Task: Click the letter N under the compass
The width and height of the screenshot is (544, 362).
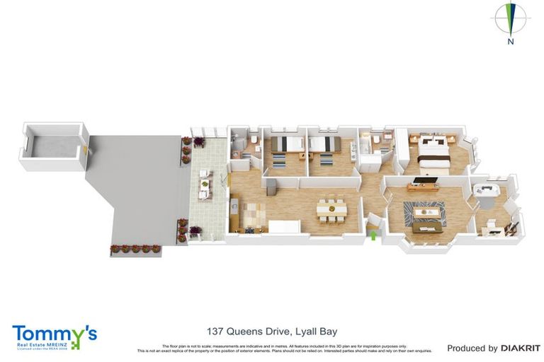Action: click(510, 41)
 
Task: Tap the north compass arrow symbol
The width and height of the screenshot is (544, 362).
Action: click(510, 18)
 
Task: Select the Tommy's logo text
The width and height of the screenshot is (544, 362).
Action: click(54, 334)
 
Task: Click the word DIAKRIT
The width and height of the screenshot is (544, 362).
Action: click(521, 348)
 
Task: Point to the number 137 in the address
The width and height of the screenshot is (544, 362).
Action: click(216, 331)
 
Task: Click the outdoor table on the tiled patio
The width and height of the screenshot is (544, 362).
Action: click(205, 185)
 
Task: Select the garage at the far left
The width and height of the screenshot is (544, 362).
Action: click(51, 147)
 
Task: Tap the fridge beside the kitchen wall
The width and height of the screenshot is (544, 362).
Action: click(269, 186)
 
